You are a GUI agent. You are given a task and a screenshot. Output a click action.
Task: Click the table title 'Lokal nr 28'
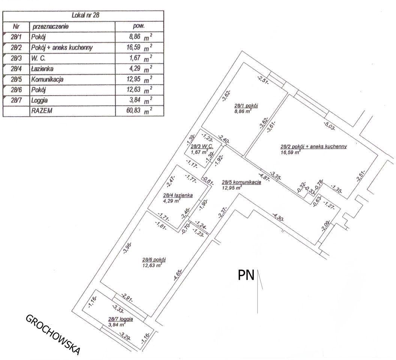point(85,15)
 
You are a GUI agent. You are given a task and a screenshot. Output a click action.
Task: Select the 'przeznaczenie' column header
point(50,26)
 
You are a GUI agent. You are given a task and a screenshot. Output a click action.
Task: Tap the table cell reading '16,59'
point(133,47)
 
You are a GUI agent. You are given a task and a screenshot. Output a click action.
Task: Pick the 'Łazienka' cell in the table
point(42,69)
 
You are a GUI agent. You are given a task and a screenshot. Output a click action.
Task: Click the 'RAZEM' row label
point(42,111)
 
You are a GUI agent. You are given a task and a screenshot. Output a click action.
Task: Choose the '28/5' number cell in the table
point(16,79)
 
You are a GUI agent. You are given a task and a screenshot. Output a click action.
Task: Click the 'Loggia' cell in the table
point(39,100)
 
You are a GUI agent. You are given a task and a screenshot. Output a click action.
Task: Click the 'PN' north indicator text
point(246,275)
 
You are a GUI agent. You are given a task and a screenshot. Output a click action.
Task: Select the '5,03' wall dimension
point(329,126)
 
